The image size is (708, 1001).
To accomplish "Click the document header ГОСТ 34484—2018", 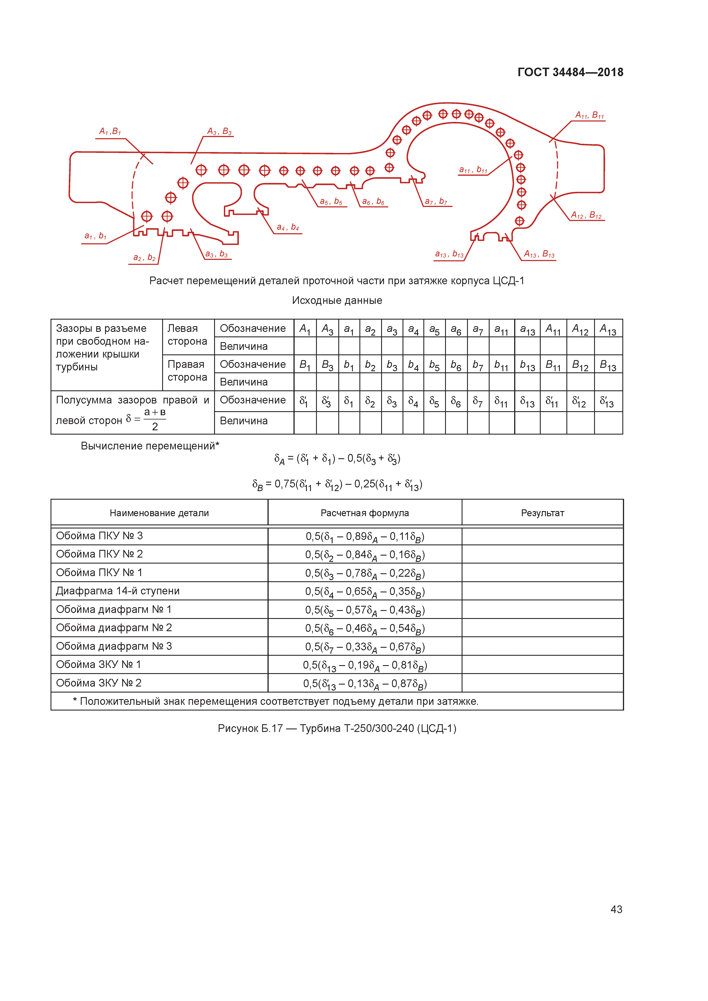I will [x=570, y=72].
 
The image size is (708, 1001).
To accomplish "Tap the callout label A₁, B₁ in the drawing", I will [x=110, y=131].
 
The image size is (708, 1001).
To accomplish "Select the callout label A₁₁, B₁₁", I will [x=589, y=116].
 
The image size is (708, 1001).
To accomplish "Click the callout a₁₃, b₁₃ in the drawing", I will [x=449, y=254].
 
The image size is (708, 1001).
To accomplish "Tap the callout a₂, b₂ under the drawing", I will [x=144, y=258].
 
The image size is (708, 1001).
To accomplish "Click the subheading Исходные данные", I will [x=337, y=300].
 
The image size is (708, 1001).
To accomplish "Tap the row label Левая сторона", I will [x=187, y=335].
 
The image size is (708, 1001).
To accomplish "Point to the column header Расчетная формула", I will [x=365, y=513].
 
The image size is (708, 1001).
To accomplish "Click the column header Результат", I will [x=542, y=513].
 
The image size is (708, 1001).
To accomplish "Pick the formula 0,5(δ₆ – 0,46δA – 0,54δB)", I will [x=365, y=628].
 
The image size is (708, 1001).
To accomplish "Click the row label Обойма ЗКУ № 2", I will [x=99, y=683].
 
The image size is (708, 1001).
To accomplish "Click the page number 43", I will [x=616, y=909].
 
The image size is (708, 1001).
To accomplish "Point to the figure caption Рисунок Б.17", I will [x=337, y=728].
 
